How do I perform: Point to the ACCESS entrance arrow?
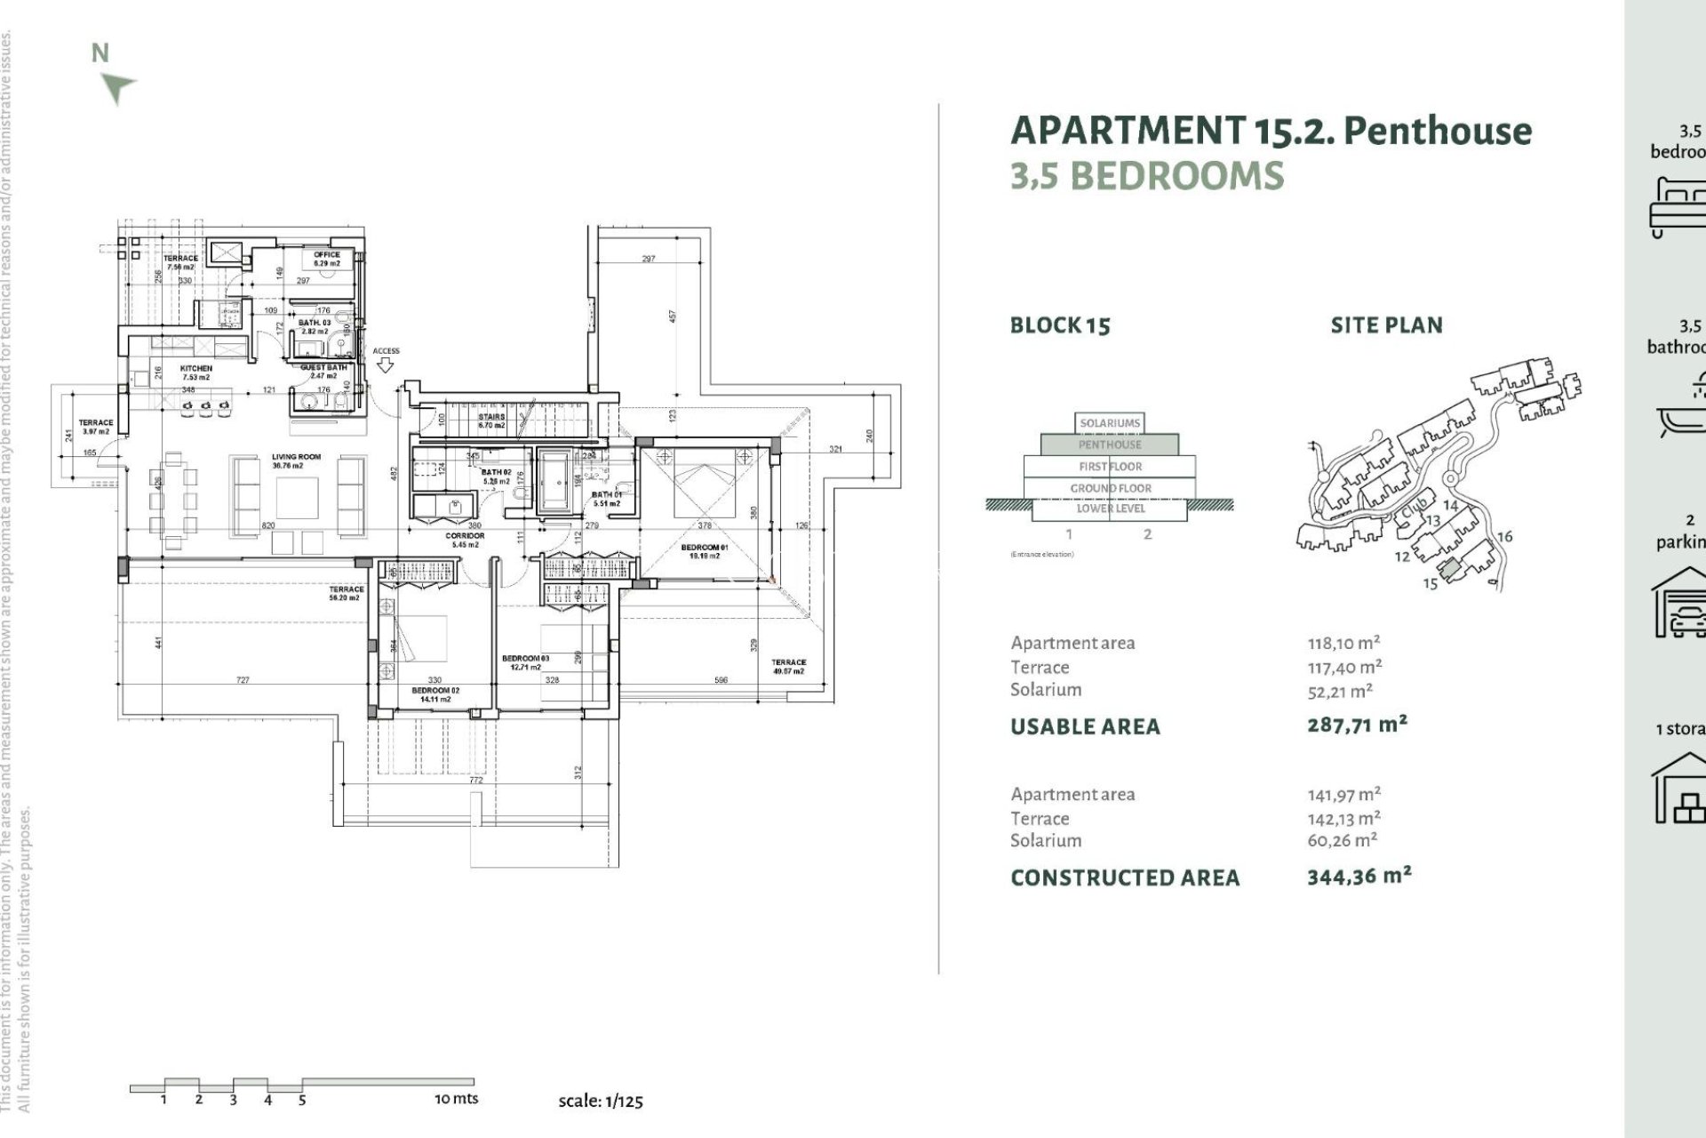pyautogui.click(x=386, y=365)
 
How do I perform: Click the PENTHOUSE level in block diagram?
pyautogui.click(x=1110, y=445)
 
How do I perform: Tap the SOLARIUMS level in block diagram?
pyautogui.click(x=1110, y=423)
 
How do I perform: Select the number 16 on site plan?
pyautogui.click(x=1504, y=536)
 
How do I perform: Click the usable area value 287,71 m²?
pyautogui.click(x=1357, y=725)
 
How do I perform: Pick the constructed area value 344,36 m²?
pyautogui.click(x=1359, y=877)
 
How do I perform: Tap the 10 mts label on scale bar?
pyautogui.click(x=456, y=1099)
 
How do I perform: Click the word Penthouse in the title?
pyautogui.click(x=1438, y=131)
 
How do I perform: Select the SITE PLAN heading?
pyautogui.click(x=1386, y=325)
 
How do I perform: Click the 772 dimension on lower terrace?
pyautogui.click(x=476, y=781)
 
